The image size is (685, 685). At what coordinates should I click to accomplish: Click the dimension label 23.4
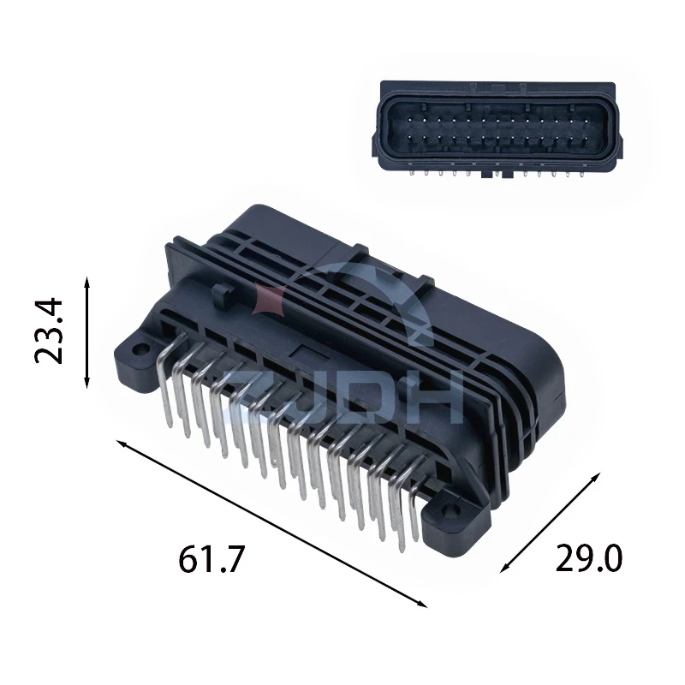point(49,331)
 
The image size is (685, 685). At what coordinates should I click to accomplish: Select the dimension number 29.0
point(588,559)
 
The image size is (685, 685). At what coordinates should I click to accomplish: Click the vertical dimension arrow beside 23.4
point(87,332)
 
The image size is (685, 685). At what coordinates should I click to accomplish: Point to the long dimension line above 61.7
point(271,524)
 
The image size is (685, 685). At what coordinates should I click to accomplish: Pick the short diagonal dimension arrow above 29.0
point(551,522)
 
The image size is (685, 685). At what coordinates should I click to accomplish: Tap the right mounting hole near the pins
point(450,511)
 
